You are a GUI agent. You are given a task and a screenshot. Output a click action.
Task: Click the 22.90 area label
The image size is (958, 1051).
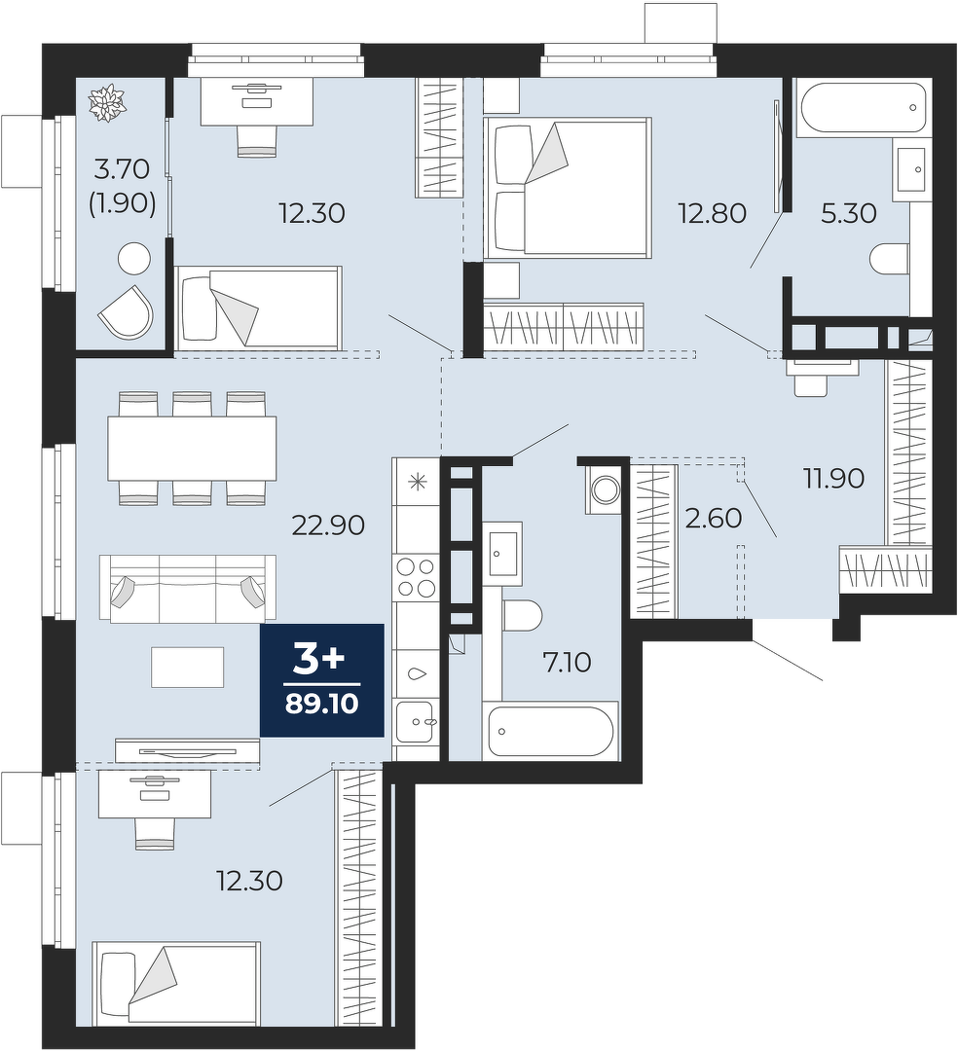pos(328,525)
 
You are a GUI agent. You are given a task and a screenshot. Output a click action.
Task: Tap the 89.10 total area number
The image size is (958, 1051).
pos(322,704)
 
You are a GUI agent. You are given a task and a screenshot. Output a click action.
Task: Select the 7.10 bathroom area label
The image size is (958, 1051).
pos(568,663)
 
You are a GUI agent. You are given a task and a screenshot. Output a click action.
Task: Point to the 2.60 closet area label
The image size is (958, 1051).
pos(714,518)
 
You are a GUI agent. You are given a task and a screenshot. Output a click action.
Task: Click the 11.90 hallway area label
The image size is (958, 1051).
pos(834,479)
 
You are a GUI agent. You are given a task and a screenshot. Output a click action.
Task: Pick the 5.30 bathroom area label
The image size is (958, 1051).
pos(849,214)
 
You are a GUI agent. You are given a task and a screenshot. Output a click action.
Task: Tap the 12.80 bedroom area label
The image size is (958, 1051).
pos(712,214)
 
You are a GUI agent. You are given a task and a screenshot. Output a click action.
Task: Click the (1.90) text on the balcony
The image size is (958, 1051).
pos(123,201)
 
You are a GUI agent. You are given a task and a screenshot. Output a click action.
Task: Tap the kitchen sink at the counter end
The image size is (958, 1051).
pos(415,721)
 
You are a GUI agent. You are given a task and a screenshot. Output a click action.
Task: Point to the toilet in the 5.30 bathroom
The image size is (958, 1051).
pos(890,260)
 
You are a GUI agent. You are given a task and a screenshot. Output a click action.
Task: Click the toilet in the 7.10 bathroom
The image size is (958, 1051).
pos(522,615)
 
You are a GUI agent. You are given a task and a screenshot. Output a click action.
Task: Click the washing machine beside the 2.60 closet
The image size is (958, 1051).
pos(608,489)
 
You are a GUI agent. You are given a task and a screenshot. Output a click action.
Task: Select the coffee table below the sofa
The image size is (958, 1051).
pos(188,667)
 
